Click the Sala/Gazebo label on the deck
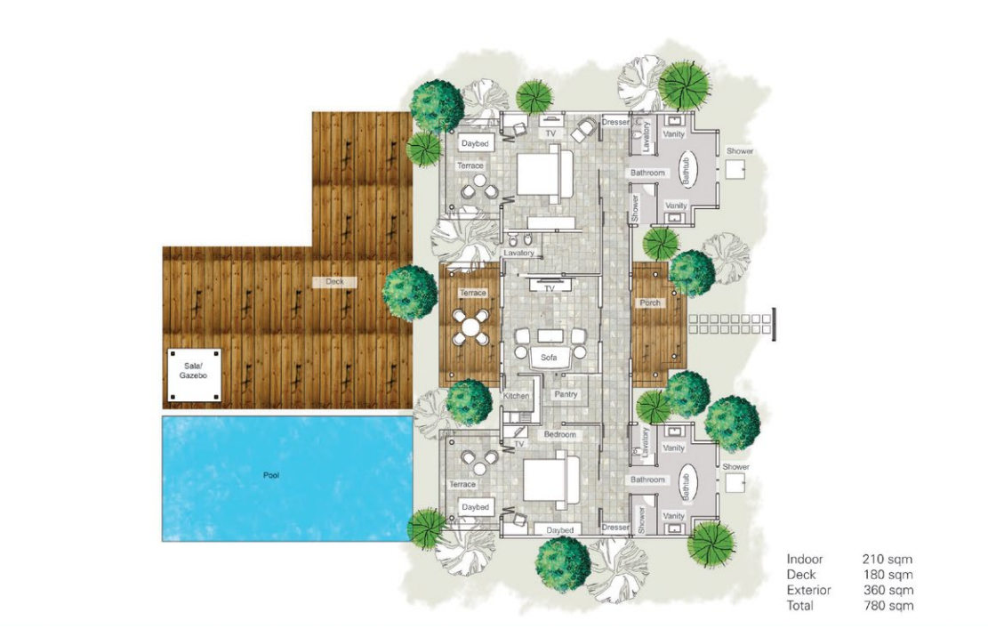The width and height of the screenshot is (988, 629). click(193, 371)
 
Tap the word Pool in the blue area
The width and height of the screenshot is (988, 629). click(271, 475)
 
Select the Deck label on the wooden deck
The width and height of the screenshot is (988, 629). click(334, 282)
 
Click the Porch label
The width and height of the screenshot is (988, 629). click(650, 302)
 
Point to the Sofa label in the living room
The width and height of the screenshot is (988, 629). click(549, 358)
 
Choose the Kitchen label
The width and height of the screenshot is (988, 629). click(516, 396)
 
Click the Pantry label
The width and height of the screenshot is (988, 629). click(566, 394)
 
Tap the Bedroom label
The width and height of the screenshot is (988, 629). click(559, 435)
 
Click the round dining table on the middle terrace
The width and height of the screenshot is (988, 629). click(470, 327)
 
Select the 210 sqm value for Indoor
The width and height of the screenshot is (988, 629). click(888, 559)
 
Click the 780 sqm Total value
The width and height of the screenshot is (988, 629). click(888, 606)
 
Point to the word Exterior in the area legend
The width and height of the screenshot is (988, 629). click(808, 591)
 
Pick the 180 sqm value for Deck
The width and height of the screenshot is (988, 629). click(888, 575)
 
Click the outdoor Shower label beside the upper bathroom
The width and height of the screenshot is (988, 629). click(740, 151)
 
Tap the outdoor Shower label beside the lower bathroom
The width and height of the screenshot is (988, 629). click(736, 467)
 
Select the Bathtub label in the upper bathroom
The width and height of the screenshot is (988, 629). click(687, 170)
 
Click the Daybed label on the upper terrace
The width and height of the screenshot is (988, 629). click(475, 144)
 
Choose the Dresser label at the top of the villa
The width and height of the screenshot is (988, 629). click(615, 122)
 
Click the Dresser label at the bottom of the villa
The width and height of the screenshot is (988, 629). click(615, 528)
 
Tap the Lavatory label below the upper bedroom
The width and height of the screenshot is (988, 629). click(519, 253)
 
